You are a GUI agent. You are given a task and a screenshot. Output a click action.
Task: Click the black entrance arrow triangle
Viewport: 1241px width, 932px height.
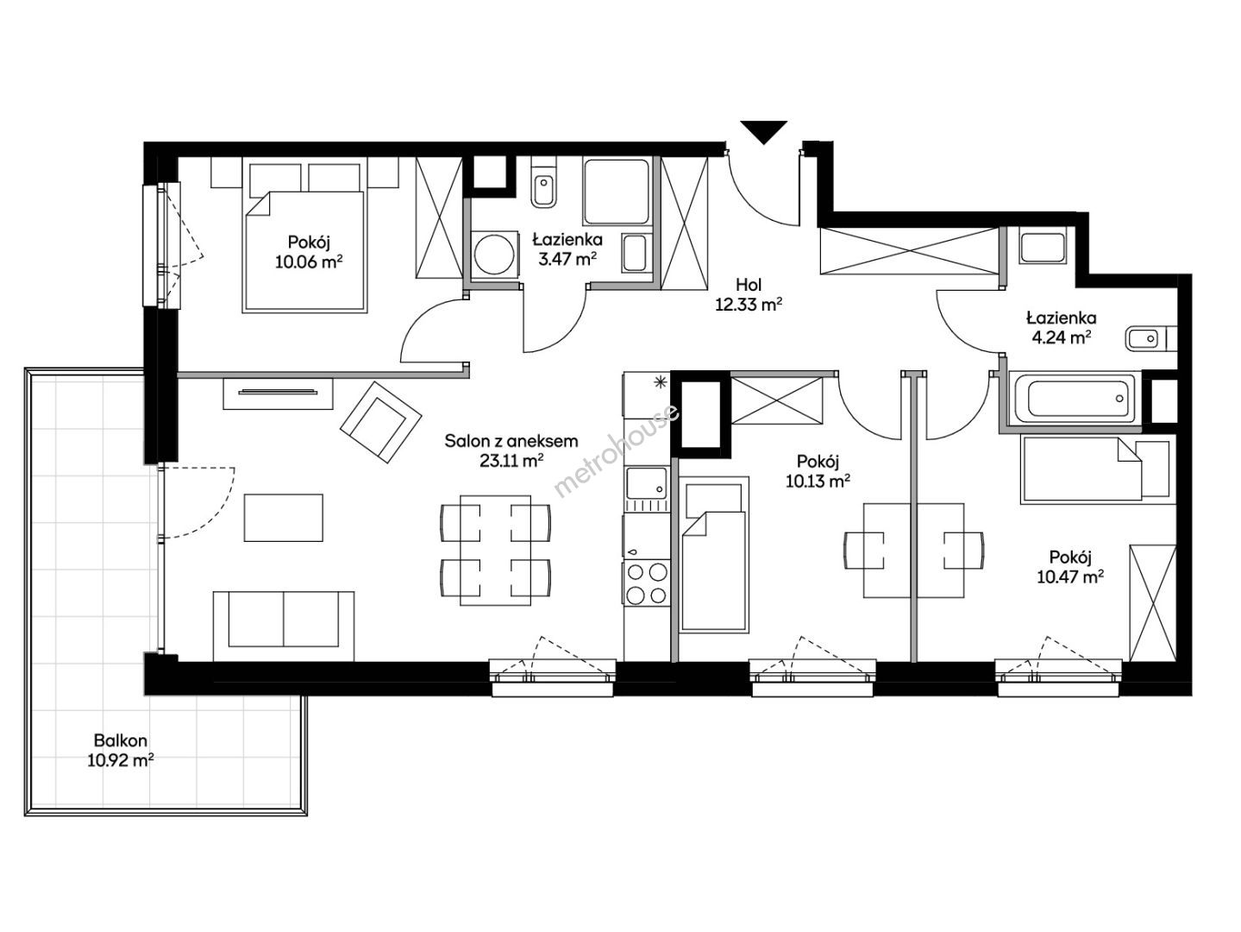(x=763, y=131)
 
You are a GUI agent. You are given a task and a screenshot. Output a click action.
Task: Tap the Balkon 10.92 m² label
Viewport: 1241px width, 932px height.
(x=121, y=750)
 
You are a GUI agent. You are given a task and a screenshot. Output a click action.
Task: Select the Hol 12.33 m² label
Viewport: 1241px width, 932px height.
(x=749, y=294)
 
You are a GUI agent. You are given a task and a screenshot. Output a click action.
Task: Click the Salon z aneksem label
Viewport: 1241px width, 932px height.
(x=511, y=441)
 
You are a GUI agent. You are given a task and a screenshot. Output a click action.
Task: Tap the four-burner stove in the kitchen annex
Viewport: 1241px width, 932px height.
(x=647, y=583)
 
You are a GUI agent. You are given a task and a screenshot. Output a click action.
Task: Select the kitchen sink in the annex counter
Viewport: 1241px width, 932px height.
(x=647, y=483)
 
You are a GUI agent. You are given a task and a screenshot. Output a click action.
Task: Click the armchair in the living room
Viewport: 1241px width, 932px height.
(x=381, y=422)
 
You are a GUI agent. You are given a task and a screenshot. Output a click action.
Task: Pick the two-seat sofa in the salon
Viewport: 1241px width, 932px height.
(x=284, y=626)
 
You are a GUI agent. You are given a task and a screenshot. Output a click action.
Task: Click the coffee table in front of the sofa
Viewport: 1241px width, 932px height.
(x=284, y=518)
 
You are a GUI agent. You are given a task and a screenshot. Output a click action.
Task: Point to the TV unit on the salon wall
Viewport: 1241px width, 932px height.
(x=278, y=394)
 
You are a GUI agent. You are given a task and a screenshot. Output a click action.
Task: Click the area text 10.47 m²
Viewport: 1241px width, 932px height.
(x=1070, y=576)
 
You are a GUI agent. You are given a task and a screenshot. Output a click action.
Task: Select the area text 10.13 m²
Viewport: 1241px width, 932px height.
(x=818, y=482)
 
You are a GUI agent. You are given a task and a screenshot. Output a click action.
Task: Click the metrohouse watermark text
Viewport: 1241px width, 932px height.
(x=617, y=450)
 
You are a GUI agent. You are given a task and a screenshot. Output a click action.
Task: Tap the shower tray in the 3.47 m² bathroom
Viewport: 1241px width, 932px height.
(x=617, y=192)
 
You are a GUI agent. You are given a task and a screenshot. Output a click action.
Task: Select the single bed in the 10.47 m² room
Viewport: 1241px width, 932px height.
(x=1094, y=469)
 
